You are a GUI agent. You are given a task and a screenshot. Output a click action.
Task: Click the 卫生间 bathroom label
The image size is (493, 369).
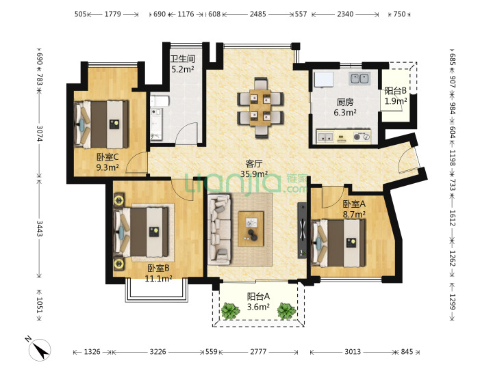point(183,59)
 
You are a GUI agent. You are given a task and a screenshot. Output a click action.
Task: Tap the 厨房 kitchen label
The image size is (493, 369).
point(345,102)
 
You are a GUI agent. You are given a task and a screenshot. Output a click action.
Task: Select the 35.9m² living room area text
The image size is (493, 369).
point(254,174)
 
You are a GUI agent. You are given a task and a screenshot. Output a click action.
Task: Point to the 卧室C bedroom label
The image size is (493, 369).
point(108,156)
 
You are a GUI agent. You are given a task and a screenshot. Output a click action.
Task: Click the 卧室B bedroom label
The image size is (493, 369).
point(158,269)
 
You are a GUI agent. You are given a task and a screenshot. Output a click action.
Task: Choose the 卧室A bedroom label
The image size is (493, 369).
point(354,204)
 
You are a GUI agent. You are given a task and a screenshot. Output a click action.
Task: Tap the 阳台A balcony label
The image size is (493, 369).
point(258,297)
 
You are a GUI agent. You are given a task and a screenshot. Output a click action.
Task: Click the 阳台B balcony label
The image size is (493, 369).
point(396,91)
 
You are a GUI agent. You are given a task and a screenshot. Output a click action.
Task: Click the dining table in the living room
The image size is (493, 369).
point(260,108)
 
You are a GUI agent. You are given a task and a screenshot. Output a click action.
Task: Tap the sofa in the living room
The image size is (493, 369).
point(219,229)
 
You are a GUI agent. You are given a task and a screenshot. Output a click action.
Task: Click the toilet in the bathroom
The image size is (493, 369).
point(160,101)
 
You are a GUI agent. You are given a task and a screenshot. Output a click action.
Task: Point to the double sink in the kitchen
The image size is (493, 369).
point(359,78)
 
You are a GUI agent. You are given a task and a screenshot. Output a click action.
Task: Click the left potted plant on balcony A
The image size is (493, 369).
point(231,311)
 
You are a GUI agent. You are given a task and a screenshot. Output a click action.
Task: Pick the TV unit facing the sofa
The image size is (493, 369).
point(302,231)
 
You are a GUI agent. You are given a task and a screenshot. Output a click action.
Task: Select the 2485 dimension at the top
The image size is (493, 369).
point(258,14)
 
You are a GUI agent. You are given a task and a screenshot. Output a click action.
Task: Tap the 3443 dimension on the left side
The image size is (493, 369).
point(40,228)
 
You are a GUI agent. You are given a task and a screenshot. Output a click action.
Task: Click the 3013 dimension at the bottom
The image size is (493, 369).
point(353,352)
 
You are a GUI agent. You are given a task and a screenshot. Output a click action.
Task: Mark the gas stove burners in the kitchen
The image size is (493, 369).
point(362,137)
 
